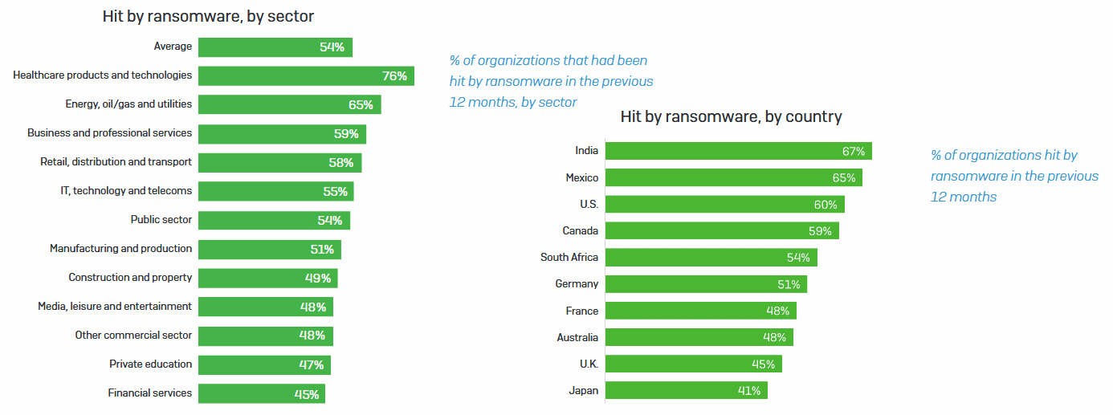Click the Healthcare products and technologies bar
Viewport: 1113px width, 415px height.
pos(306,76)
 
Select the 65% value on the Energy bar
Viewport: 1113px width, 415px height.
pos(361,105)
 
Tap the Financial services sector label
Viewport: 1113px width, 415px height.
pos(150,393)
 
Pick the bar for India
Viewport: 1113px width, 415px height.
pos(738,151)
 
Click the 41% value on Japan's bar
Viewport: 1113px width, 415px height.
pos(749,391)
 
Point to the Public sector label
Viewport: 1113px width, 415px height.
pos(161,220)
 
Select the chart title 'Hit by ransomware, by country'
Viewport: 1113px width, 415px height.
pos(731,117)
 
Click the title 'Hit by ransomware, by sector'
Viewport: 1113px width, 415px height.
pos(208,16)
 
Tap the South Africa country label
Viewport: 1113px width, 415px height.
pos(569,258)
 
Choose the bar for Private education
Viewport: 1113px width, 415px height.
pos(264,365)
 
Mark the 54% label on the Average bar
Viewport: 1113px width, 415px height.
pos(332,47)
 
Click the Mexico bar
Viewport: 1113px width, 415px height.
pos(733,177)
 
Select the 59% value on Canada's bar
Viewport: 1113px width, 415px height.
pos(821,231)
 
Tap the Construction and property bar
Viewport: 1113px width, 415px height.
pos(267,279)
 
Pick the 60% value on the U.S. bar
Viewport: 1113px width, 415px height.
pos(826,205)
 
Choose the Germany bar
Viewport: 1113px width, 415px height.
pos(706,284)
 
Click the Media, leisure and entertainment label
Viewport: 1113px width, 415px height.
pos(115,307)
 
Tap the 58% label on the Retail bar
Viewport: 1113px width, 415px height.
pos(341,163)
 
